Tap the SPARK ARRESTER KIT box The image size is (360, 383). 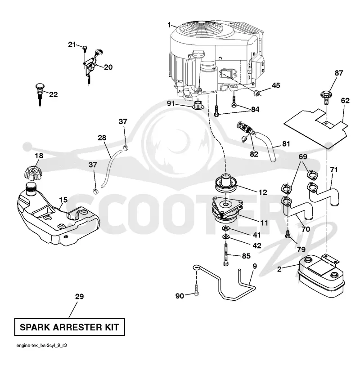[x=69, y=327]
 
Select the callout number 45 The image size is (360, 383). [x=276, y=85]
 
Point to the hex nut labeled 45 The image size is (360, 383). [x=256, y=93]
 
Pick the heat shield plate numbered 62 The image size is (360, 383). [x=316, y=128]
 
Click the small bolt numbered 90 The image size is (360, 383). [x=196, y=291]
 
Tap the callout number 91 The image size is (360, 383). [x=171, y=103]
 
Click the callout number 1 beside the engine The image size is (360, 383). [x=169, y=25]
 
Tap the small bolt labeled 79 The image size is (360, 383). [x=288, y=234]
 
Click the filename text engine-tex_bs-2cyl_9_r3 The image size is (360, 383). [x=41, y=345]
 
